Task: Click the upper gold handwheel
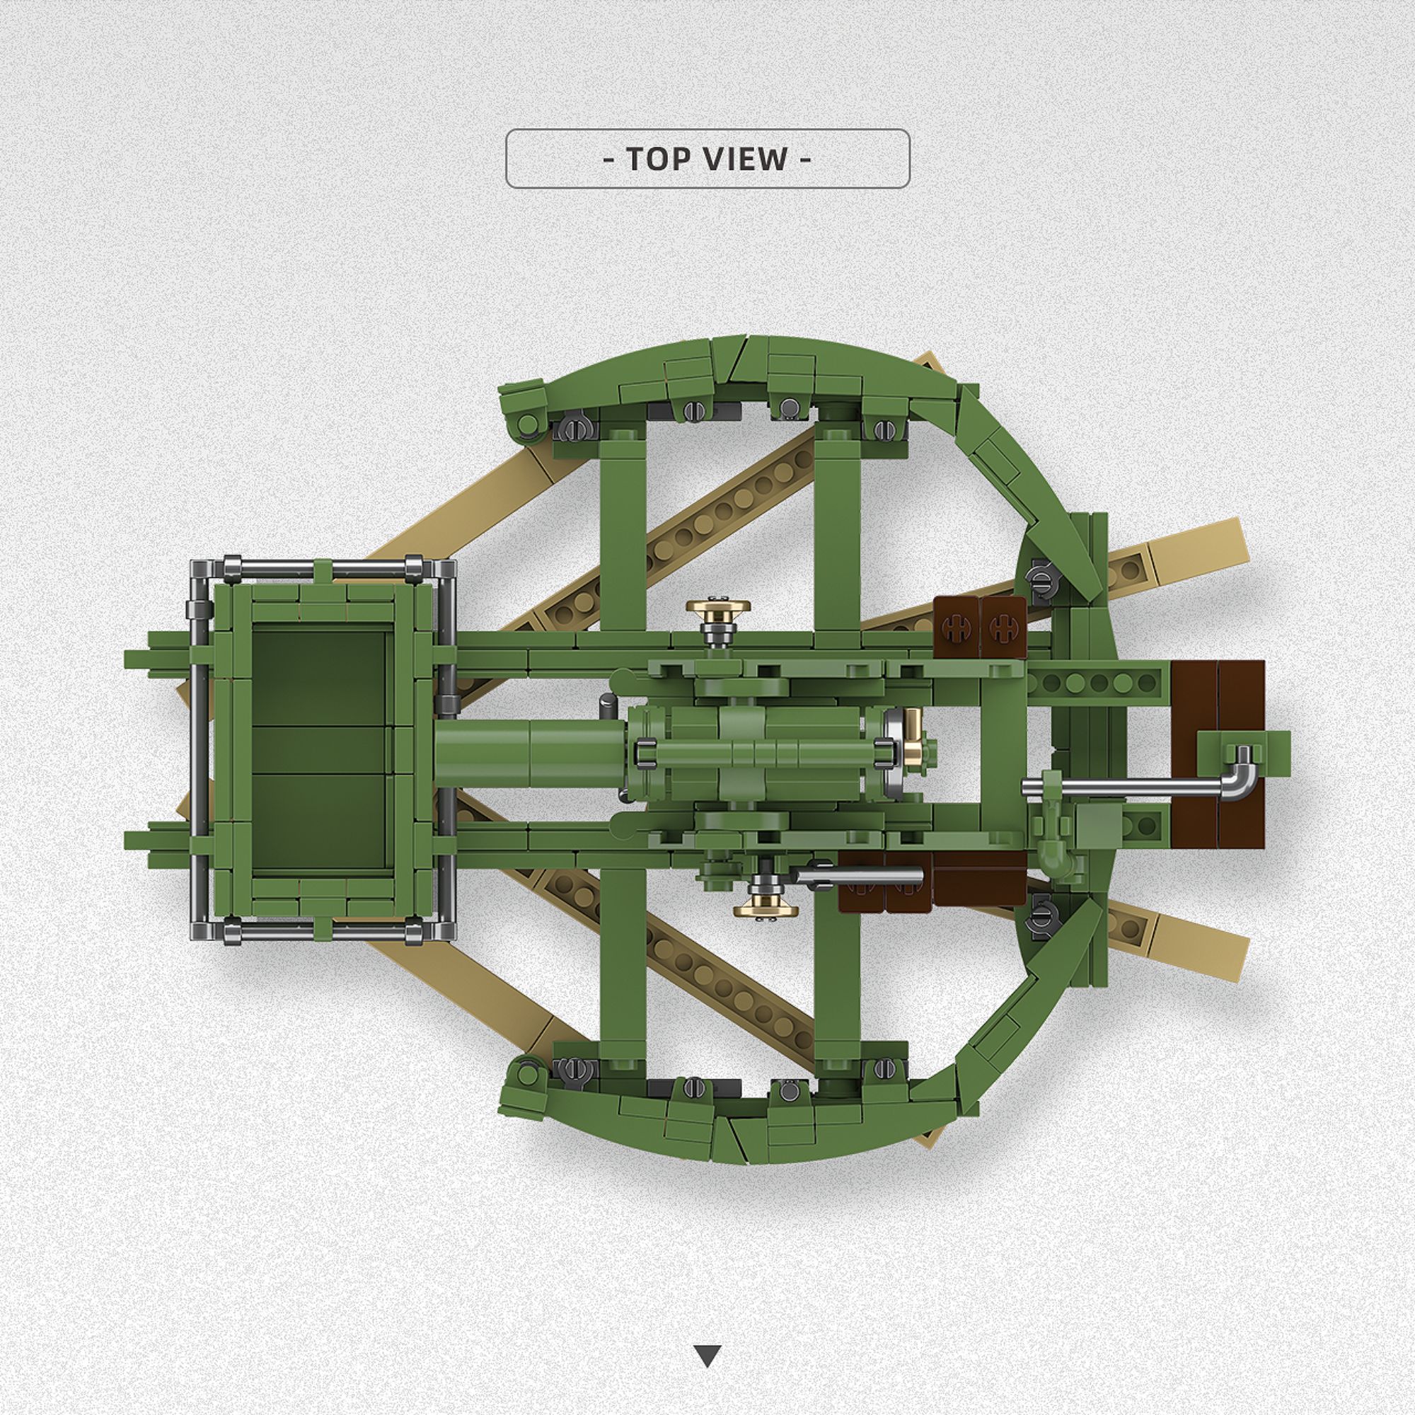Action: click(x=717, y=608)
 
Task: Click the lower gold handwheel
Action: click(x=766, y=909)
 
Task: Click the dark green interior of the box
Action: click(x=319, y=748)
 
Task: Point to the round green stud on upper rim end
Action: click(x=526, y=422)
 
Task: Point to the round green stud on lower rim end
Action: click(x=526, y=1075)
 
